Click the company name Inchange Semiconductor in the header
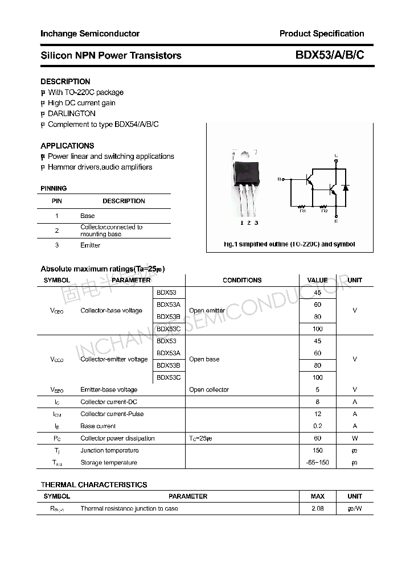pos(90,34)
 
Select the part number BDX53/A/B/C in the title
pos(329,55)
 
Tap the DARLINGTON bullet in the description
pos(71,113)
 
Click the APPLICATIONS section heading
pos(67,146)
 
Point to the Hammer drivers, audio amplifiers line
pos(100,167)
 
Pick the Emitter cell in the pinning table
pos(90,245)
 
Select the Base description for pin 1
pos(88,216)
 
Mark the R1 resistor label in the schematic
pos(302,211)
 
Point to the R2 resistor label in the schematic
pos(325,211)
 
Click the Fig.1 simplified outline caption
pos(289,244)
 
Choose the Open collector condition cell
pos(209,390)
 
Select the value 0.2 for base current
pos(317,426)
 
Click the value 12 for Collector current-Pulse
pos(317,414)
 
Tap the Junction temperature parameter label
pos(109,450)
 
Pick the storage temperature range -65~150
pos(317,462)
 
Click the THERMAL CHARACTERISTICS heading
pos(94,485)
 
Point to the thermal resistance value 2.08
pos(317,508)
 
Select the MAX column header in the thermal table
pos(317,496)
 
